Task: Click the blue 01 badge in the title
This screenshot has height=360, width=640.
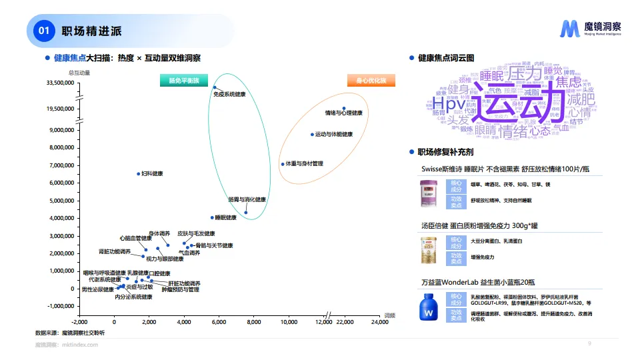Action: [x=44, y=31]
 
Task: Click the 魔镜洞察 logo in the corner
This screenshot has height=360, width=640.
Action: [x=591, y=28]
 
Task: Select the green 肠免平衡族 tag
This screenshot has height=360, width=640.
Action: [x=183, y=81]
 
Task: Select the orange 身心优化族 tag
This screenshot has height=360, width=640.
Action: [x=371, y=81]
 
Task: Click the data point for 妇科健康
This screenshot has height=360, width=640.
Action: [x=138, y=174]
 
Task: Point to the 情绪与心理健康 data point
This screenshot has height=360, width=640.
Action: [x=344, y=108]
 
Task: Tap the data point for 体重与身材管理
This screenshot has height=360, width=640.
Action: [x=282, y=164]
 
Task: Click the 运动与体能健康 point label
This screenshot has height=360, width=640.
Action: [x=333, y=135]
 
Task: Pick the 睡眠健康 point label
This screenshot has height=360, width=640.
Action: [x=226, y=217]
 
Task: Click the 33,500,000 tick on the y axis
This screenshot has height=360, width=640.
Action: [x=60, y=83]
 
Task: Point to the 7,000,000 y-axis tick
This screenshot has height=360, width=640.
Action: [x=61, y=165]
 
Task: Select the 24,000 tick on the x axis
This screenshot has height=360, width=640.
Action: [x=379, y=322]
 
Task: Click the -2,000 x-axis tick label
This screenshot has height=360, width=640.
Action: [x=79, y=322]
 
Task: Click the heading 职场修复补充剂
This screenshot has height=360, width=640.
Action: [x=446, y=152]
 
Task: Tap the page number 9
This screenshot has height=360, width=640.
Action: [x=589, y=343]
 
